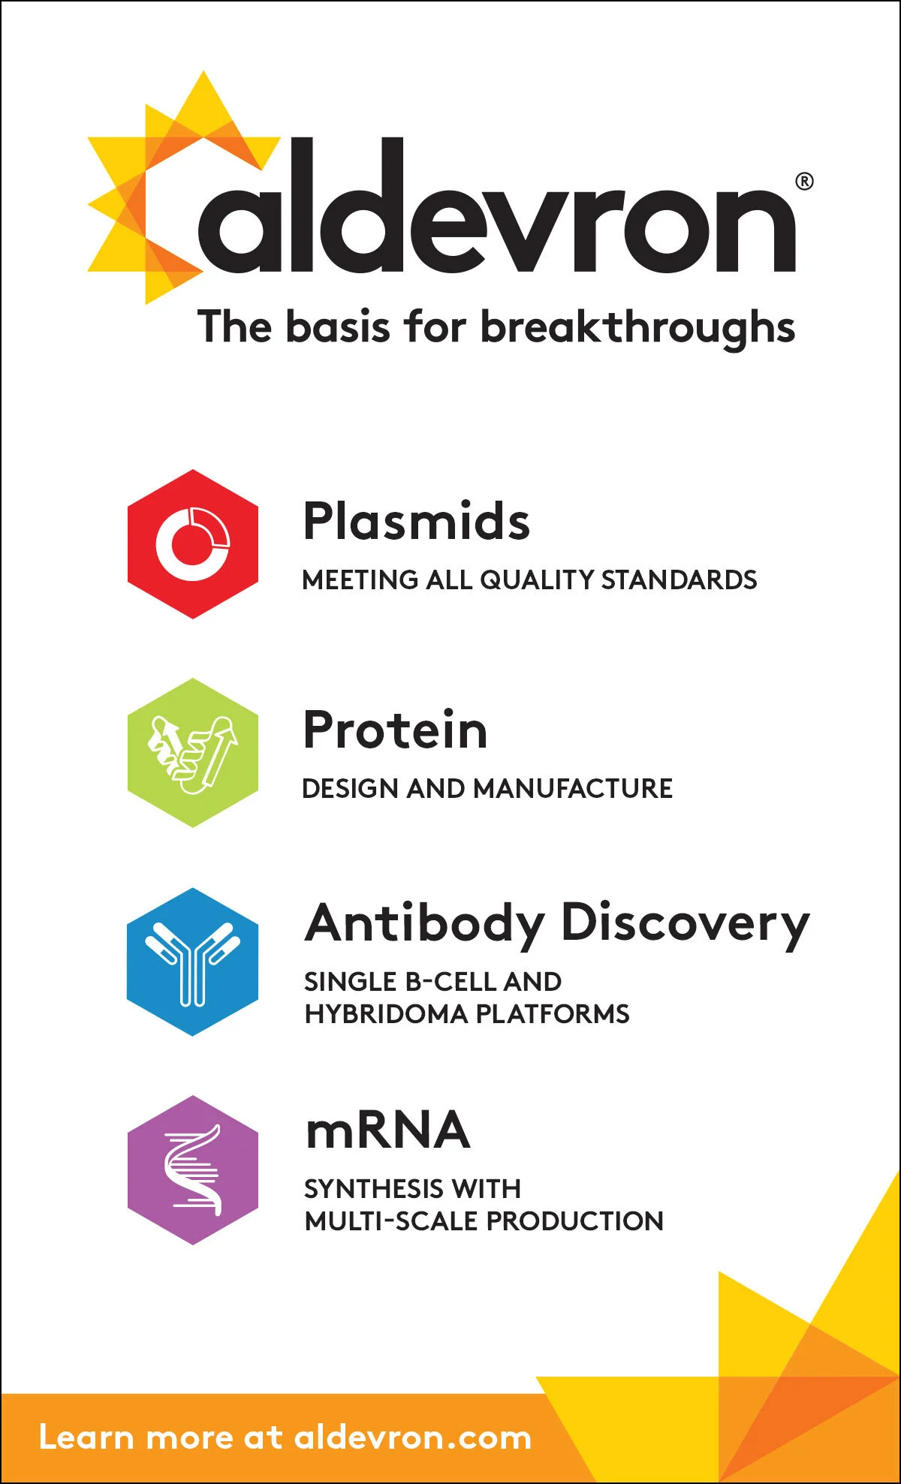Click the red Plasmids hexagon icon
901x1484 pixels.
[x=193, y=544]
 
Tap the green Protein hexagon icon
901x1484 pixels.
[x=193, y=753]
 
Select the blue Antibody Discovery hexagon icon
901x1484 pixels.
[x=193, y=962]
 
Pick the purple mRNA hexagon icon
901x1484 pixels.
[x=193, y=1169]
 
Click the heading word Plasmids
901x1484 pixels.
[x=417, y=521]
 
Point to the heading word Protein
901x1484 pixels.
[x=396, y=730]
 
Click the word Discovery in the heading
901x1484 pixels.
[x=686, y=923]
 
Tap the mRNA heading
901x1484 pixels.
[x=388, y=1130]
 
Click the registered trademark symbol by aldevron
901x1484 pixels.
[x=804, y=182]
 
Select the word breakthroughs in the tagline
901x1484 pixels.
[x=637, y=327]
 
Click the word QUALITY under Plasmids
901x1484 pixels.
[x=537, y=579]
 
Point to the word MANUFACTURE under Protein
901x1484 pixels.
[x=573, y=788]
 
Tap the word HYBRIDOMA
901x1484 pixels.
[x=386, y=1014]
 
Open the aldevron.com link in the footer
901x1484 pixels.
[x=412, y=1438]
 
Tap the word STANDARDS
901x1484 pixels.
[x=679, y=579]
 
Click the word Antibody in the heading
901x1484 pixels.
[x=425, y=923]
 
